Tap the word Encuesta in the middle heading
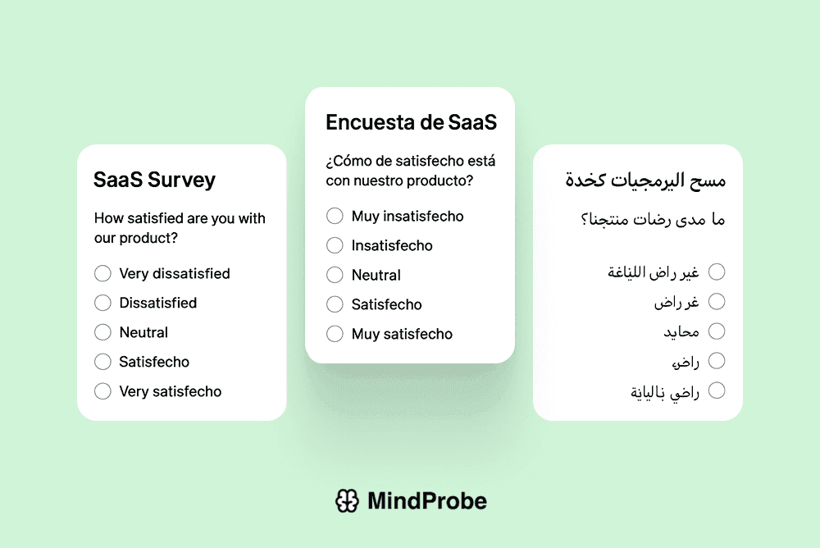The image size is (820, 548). pos(366,122)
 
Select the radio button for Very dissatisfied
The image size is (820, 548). pos(102,273)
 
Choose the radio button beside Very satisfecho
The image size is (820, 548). pos(102,391)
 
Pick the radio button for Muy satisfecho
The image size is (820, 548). pos(335,334)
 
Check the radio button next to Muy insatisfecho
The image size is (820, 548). pos(335,216)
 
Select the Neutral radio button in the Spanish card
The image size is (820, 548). pos(335,275)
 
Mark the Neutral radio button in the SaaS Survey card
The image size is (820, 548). pos(102,332)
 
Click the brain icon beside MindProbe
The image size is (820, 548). pos(347,500)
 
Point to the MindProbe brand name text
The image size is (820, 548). pos(426,500)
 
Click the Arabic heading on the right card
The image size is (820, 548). pos(645,180)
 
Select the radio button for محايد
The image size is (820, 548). pos(717,331)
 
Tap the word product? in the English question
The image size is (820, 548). pos(153,239)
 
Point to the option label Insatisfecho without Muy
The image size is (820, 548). pos(392,245)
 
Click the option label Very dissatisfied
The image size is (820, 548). pos(175,273)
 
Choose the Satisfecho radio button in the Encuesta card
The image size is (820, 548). pos(335,304)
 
